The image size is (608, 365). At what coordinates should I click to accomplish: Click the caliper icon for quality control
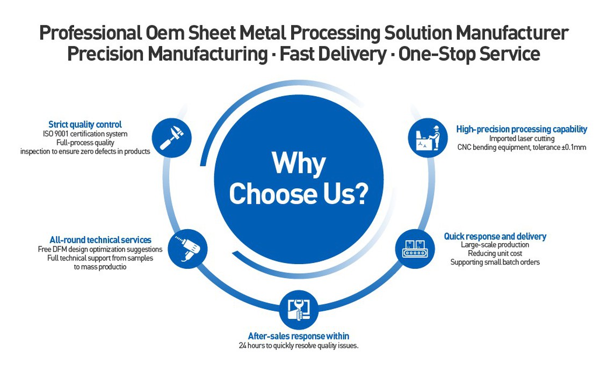[172, 137]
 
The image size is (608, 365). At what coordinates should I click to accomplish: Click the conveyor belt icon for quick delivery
[415, 249]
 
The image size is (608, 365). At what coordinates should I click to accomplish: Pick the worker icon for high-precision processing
[428, 138]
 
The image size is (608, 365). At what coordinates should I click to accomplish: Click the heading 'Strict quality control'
[85, 125]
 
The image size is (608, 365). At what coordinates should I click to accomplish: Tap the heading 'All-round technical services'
[100, 240]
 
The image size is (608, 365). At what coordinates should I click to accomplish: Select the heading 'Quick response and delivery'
[495, 236]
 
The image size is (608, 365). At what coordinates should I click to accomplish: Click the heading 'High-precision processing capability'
[522, 129]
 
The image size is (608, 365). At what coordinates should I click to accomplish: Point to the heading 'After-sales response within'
[299, 336]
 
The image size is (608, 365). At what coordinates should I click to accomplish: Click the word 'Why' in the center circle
[298, 164]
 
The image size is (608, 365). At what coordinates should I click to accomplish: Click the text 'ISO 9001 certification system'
[85, 134]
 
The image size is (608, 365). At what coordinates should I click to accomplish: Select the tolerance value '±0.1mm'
[571, 147]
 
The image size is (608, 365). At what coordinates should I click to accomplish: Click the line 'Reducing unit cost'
[495, 253]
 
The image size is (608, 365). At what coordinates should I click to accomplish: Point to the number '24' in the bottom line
[243, 346]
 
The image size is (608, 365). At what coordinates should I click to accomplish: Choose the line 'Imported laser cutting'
[522, 138]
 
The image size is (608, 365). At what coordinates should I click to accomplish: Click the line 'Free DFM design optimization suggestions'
[100, 249]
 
